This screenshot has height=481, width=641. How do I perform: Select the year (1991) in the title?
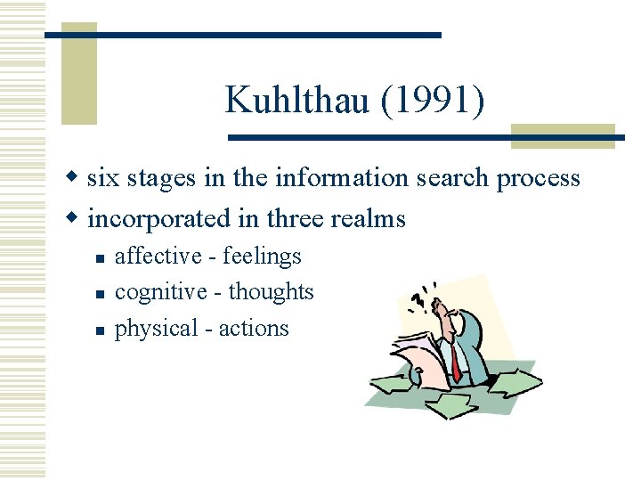[433, 100]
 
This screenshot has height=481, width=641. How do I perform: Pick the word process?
[538, 179]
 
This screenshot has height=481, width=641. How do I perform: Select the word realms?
[371, 218]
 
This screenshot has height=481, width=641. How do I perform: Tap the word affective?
[158, 257]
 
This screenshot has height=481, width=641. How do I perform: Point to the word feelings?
[263, 257]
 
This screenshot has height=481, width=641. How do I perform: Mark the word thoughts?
[272, 292]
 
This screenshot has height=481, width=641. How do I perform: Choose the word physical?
[157, 329]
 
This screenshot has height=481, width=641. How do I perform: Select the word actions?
[254, 328]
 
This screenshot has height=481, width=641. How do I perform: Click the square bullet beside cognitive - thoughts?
[101, 293]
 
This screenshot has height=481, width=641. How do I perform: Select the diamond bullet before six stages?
[77, 178]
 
